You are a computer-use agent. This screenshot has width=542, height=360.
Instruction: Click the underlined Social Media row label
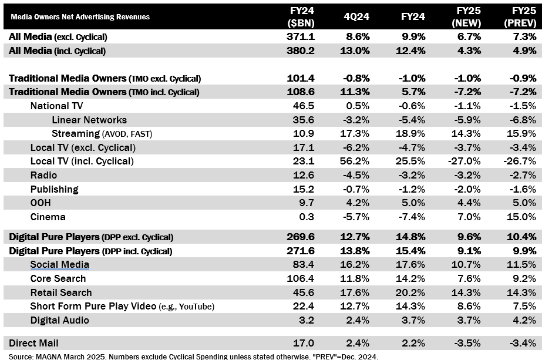click(x=60, y=265)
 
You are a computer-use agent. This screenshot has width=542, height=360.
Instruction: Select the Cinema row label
click(x=48, y=217)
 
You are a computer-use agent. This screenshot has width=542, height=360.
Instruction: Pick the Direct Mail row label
click(x=33, y=343)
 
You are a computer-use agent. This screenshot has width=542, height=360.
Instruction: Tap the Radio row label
click(x=44, y=175)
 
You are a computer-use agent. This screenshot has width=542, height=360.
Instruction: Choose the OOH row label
click(x=41, y=203)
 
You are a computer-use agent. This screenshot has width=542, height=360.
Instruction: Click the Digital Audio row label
click(x=60, y=320)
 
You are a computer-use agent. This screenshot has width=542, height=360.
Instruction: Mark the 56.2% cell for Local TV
click(x=355, y=162)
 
